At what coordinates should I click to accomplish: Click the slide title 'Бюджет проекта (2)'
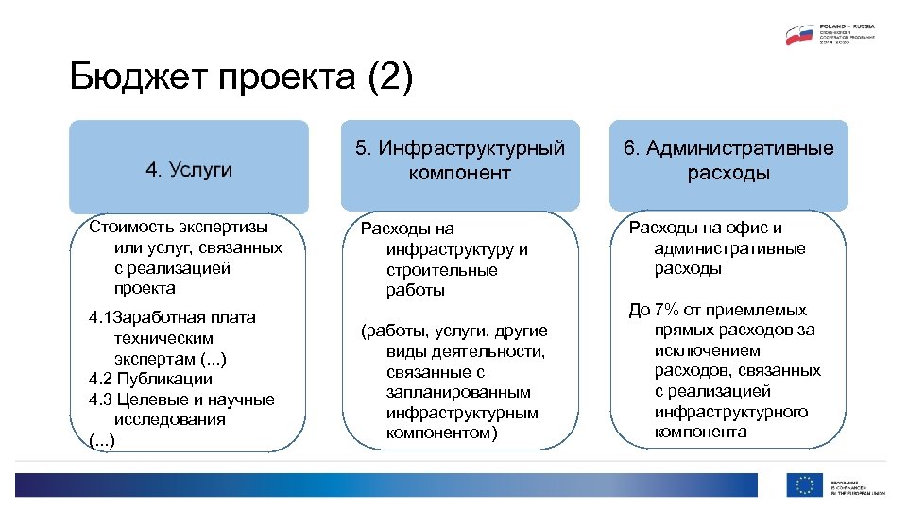tap(242, 78)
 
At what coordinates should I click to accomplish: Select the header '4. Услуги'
tap(188, 169)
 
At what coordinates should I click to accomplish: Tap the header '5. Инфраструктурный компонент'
tap(459, 161)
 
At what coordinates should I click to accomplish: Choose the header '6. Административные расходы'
tap(727, 161)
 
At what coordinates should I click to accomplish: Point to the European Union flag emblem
tap(804, 485)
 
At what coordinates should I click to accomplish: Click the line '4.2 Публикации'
tap(150, 379)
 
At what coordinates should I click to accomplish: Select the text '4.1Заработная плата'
tap(172, 316)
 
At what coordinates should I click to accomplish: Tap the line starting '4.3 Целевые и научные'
tap(181, 399)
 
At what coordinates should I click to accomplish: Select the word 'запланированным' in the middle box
tap(458, 392)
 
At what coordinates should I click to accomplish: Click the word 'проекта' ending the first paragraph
tap(145, 289)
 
